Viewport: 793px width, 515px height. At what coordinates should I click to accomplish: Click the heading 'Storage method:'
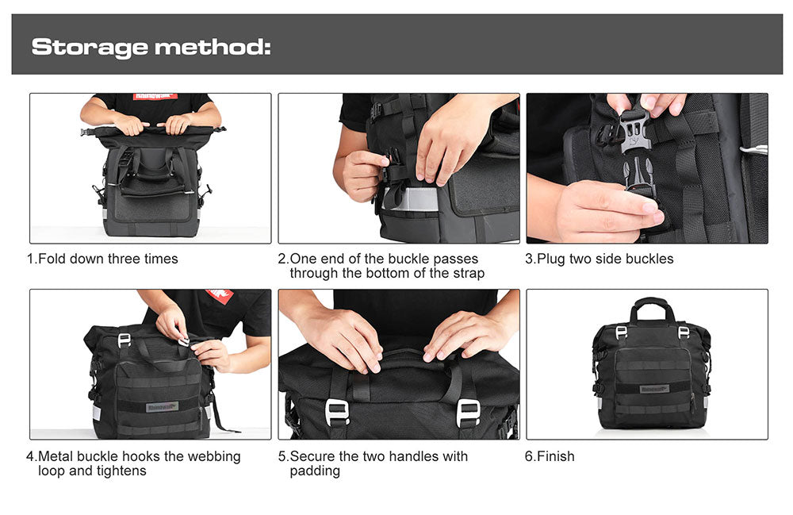point(151,47)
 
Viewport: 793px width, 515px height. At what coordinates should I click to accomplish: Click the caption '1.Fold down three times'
point(102,259)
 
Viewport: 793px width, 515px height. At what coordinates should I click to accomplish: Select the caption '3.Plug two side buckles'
point(600,259)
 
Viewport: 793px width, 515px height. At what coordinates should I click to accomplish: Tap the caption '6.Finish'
point(550,456)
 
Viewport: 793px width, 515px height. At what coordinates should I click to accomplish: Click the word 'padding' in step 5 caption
point(315,471)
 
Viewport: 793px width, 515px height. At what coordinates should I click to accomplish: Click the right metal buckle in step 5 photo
point(468,411)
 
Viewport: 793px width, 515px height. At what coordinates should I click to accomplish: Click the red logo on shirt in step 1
point(155,97)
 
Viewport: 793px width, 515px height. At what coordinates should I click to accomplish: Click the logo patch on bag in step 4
point(162,406)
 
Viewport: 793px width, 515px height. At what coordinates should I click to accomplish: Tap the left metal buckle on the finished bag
point(621,332)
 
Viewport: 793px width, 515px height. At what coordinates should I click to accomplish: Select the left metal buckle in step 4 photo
point(125,340)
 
